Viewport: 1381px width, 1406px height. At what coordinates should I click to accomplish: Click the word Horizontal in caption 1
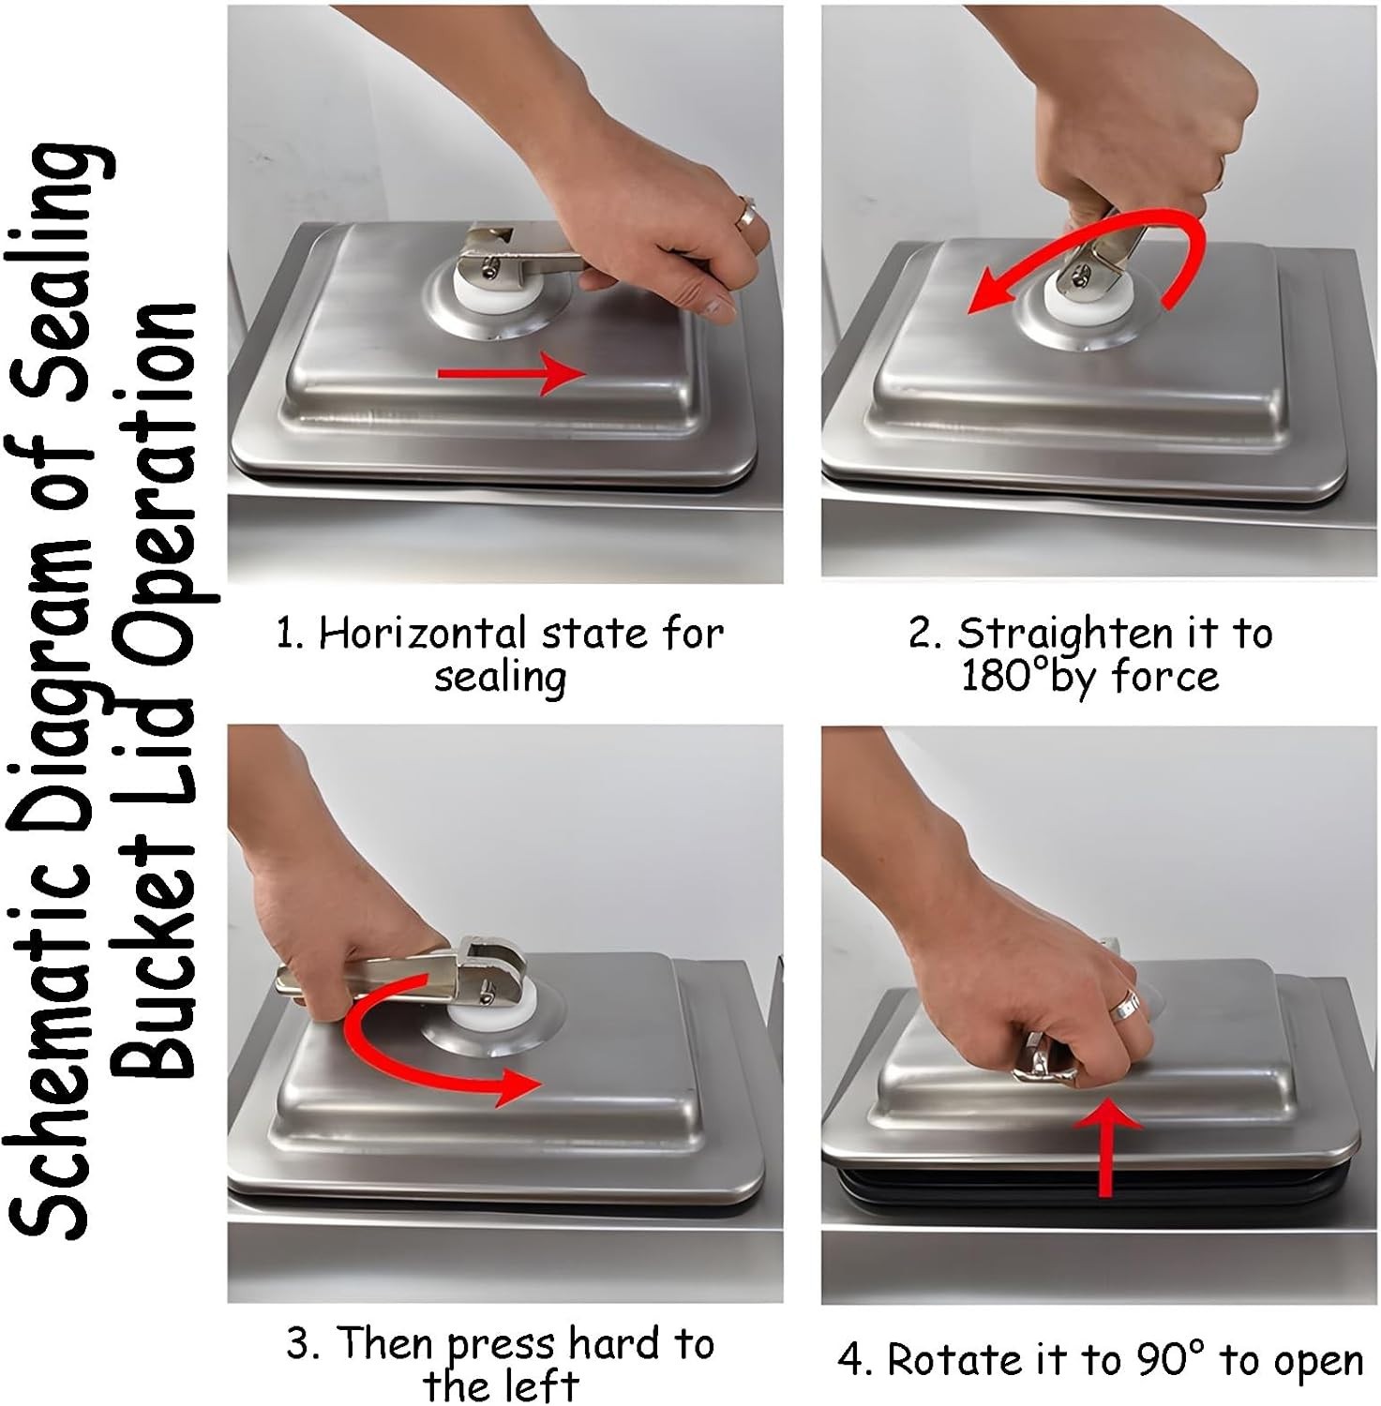click(423, 634)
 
